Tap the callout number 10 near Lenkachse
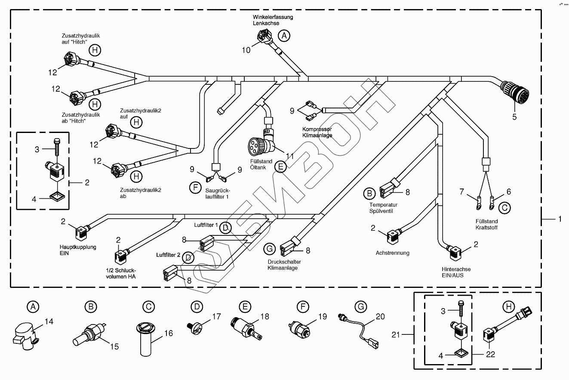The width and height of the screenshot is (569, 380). tap(246, 50)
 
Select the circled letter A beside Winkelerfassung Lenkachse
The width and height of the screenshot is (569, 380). tap(283, 36)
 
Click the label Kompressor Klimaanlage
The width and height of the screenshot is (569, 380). tap(317, 132)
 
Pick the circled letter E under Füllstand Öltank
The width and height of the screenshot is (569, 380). tap(280, 166)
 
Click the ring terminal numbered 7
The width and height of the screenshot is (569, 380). tap(478, 203)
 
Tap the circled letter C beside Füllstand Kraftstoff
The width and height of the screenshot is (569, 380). tap(505, 208)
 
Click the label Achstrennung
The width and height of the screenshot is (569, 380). tap(392, 253)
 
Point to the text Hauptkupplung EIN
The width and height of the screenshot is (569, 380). tap(78, 250)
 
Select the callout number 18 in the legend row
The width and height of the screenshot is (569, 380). tap(265, 317)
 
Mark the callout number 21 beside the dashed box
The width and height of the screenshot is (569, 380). tap(397, 334)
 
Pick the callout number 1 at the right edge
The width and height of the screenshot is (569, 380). tap(560, 219)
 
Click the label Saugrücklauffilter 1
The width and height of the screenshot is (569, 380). tap(216, 193)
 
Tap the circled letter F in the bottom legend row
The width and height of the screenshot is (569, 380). tap(303, 307)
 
